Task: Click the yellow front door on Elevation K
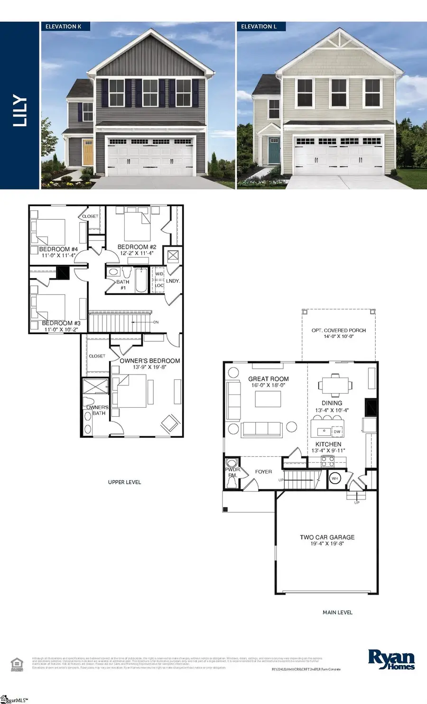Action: pos(88,152)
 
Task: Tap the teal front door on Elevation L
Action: pos(274,150)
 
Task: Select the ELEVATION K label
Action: pos(63,27)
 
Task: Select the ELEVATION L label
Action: pos(259,27)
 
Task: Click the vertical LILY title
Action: pos(20,111)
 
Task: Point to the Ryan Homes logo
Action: pos(391,660)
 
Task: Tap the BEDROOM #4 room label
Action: pos(58,249)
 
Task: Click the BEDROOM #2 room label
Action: pos(137,247)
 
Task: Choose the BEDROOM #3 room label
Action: pos(61,323)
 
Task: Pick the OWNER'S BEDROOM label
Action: pos(149,361)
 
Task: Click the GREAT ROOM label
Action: pos(268,379)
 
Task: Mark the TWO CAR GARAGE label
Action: pos(327,537)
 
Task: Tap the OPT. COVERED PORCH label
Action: pos(338,330)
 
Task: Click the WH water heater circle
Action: pos(335,478)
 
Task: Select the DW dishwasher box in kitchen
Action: pos(337,432)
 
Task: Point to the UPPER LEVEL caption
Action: pos(124,482)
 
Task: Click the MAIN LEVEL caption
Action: pos(337,612)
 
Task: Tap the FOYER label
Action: pos(263,472)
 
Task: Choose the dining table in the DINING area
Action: pos(335,385)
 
